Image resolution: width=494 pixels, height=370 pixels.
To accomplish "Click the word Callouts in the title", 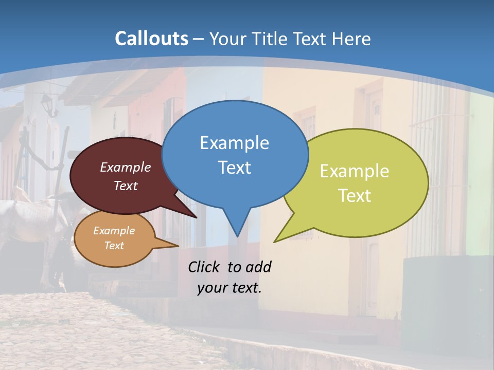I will [151, 39].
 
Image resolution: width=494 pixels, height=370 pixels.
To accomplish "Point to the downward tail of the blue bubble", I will [237, 226].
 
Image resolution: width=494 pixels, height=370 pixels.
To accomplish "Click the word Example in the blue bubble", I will [234, 143].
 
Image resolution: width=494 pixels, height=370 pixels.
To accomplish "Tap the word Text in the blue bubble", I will [234, 168].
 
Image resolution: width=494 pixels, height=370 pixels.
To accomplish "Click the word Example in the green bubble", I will [355, 171].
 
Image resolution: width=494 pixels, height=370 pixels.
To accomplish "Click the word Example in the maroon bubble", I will [126, 167].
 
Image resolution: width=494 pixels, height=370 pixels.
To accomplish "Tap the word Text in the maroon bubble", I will [126, 186].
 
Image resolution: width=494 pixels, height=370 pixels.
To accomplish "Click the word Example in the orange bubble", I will [114, 231].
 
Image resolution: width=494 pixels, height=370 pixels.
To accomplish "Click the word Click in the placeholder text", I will [205, 267].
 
